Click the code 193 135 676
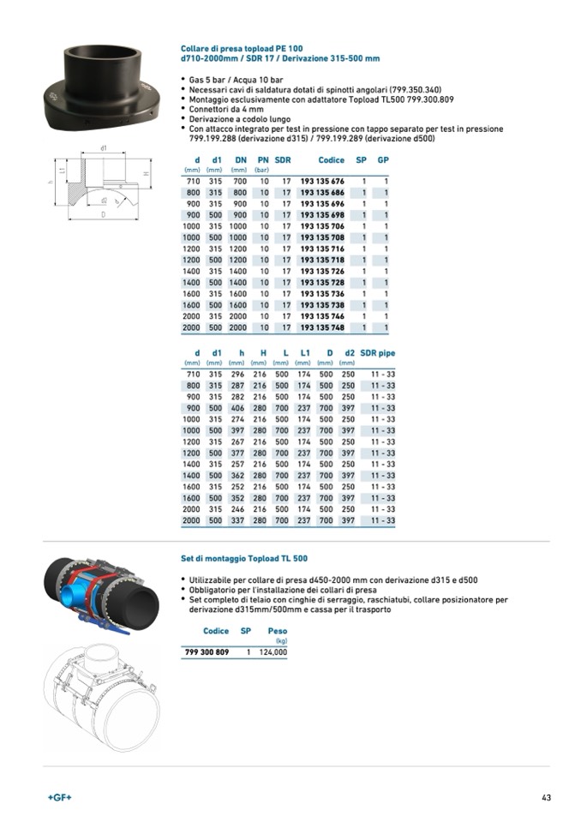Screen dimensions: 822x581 coord(322,182)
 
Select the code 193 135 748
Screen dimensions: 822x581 coord(322,327)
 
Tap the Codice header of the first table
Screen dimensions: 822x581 coord(331,160)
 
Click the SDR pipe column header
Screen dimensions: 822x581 coord(378,353)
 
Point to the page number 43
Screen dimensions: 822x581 coord(546,798)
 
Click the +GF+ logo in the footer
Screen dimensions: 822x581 coord(59,798)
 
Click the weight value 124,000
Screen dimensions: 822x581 coord(273,652)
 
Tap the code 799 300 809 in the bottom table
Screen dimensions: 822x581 coord(207,652)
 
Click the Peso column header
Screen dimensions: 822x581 coord(277,631)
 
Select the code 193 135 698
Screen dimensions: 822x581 coord(322,215)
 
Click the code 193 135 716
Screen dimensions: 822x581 coord(322,249)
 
